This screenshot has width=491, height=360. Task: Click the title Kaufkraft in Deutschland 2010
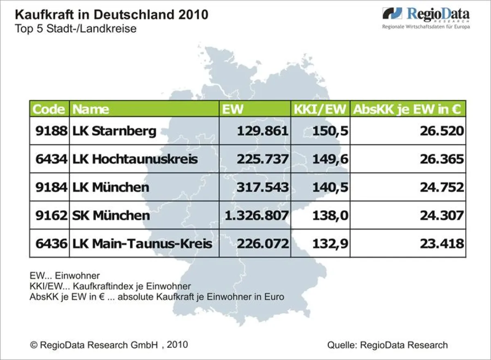coord(111,15)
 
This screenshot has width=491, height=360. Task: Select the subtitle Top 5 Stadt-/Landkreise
coord(75,29)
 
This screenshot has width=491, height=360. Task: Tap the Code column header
coord(49,109)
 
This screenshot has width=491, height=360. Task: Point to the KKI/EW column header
coord(320,109)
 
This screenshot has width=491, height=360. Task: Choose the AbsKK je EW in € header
coord(408,109)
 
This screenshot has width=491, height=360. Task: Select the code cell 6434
coord(51,159)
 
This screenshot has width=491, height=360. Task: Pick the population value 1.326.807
coord(257,215)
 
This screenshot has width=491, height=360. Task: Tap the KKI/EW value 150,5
coord(330,131)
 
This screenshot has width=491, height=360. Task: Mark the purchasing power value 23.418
coord(441,243)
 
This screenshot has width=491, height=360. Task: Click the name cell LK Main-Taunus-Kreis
coord(142,243)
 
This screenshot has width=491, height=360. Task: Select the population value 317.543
coord(262,187)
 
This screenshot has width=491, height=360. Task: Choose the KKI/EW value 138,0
coord(330,215)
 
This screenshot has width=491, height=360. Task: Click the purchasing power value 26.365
coord(441,159)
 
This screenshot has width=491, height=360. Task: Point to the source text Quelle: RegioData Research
coord(387,345)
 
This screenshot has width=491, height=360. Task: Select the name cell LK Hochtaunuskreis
coord(135,159)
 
